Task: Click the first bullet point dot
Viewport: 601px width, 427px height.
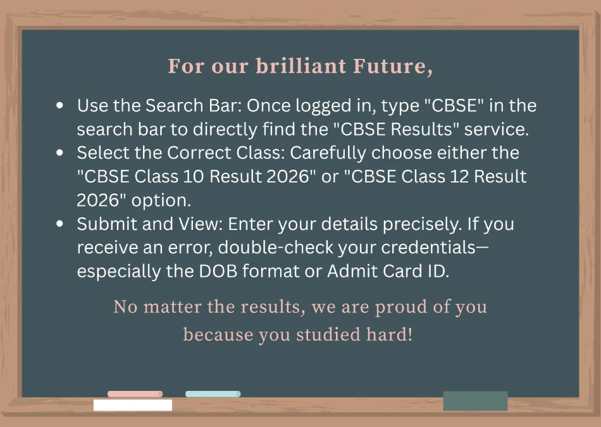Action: (x=59, y=106)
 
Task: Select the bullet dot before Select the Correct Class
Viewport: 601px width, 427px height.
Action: (x=59, y=153)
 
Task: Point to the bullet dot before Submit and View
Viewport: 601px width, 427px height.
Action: (x=59, y=224)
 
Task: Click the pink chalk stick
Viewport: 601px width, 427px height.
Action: (x=135, y=393)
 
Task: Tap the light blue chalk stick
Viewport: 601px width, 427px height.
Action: (x=213, y=393)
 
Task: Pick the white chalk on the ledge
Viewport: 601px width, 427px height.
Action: (x=133, y=405)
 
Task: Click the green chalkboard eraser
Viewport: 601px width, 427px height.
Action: (x=475, y=400)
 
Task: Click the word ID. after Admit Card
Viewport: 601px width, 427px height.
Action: (x=436, y=271)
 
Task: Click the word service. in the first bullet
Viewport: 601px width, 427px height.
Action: (x=496, y=129)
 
